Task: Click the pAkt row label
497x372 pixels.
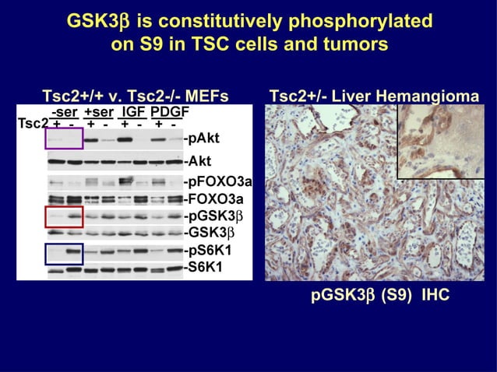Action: [x=201, y=141]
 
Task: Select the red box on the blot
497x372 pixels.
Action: [x=64, y=217]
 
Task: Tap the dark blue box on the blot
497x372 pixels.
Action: [x=64, y=254]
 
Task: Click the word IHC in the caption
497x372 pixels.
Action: [x=436, y=297]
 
